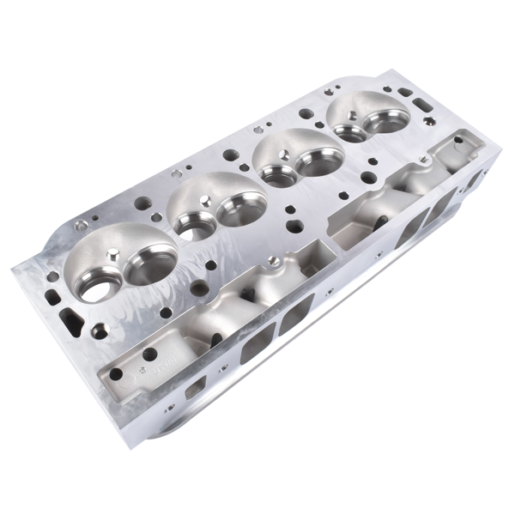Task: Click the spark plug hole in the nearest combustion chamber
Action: click(113, 255)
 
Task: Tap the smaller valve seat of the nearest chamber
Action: click(96, 286)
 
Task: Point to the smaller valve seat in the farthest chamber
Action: click(349, 133)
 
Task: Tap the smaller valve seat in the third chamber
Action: click(276, 176)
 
